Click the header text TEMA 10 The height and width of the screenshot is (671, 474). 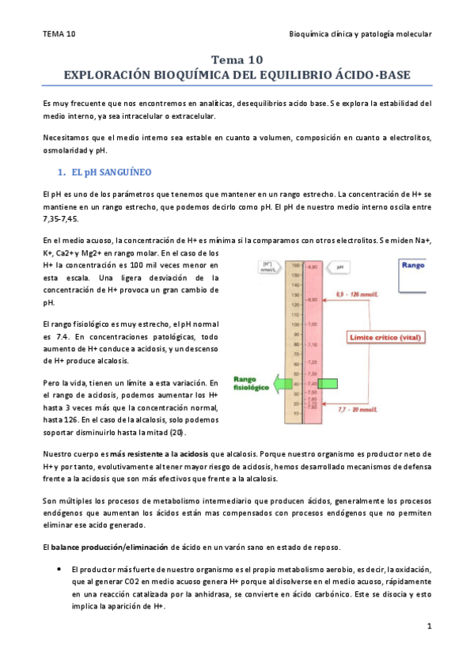point(59,33)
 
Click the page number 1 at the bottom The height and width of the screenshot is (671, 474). point(428,627)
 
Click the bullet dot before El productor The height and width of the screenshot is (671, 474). point(60,569)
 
